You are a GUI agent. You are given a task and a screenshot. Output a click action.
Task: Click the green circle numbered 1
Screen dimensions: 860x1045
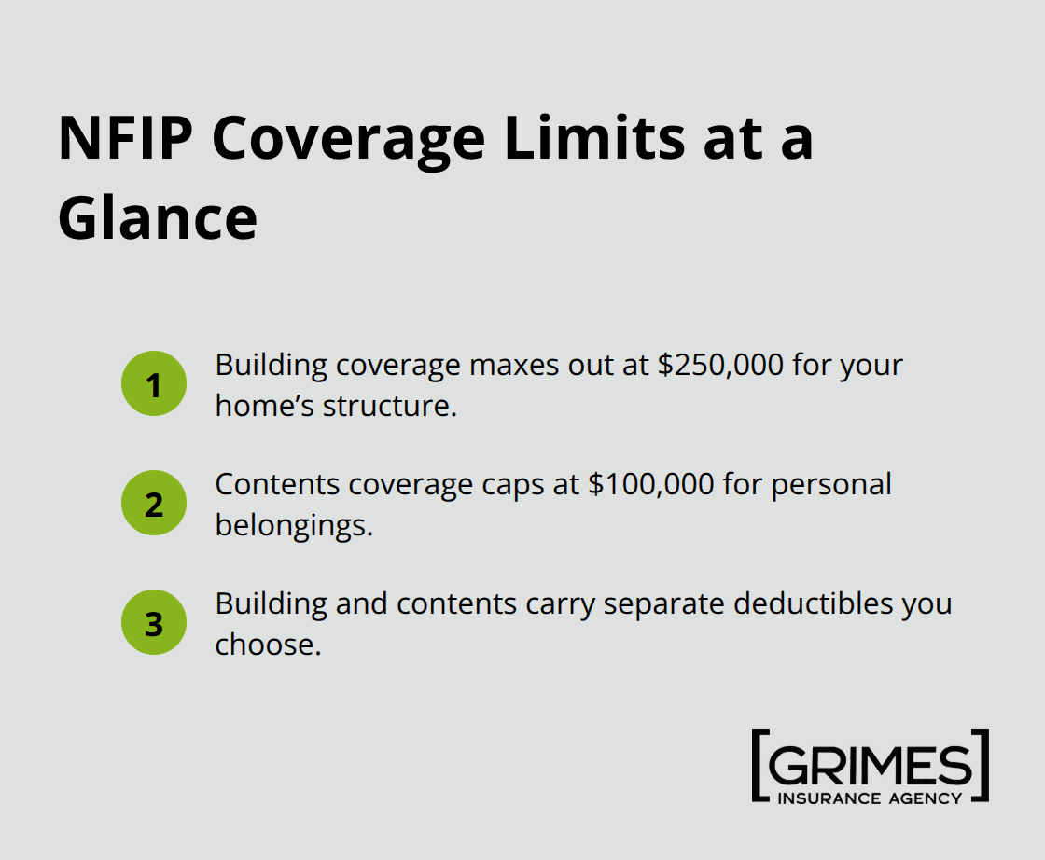(154, 383)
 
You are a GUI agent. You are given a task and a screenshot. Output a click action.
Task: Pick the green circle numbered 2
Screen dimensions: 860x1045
(154, 503)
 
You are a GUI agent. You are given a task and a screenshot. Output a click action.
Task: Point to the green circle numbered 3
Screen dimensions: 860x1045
(154, 622)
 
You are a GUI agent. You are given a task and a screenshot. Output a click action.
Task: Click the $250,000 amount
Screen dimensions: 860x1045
(719, 365)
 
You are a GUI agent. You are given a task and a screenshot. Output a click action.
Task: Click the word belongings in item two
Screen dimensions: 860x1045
(293, 526)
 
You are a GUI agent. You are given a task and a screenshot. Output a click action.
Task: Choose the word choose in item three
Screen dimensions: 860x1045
(267, 645)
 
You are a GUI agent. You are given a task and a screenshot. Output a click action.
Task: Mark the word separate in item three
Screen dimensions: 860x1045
(663, 603)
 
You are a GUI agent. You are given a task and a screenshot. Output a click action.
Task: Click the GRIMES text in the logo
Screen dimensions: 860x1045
(870, 766)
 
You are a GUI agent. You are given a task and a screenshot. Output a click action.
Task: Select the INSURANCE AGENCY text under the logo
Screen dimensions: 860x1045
(870, 798)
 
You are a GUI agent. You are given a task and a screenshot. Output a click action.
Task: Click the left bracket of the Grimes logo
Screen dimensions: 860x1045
(759, 766)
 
